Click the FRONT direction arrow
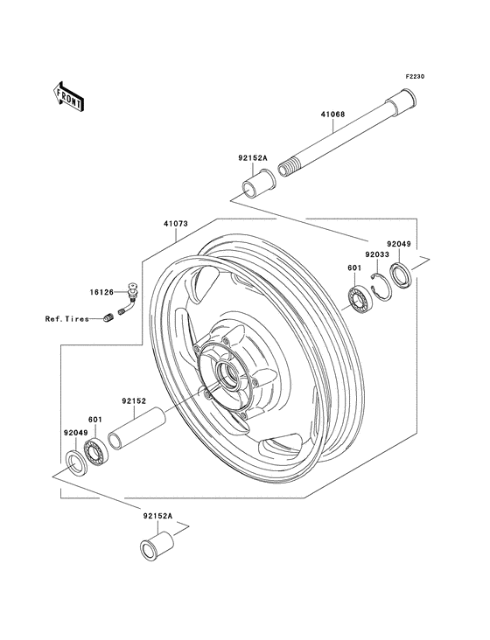(x=69, y=96)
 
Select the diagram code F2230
(x=404, y=76)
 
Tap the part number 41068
(x=332, y=115)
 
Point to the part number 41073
(x=176, y=224)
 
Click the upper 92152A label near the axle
(x=252, y=158)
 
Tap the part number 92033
(x=377, y=254)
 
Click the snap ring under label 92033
(x=381, y=288)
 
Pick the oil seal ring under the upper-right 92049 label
(x=401, y=275)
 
